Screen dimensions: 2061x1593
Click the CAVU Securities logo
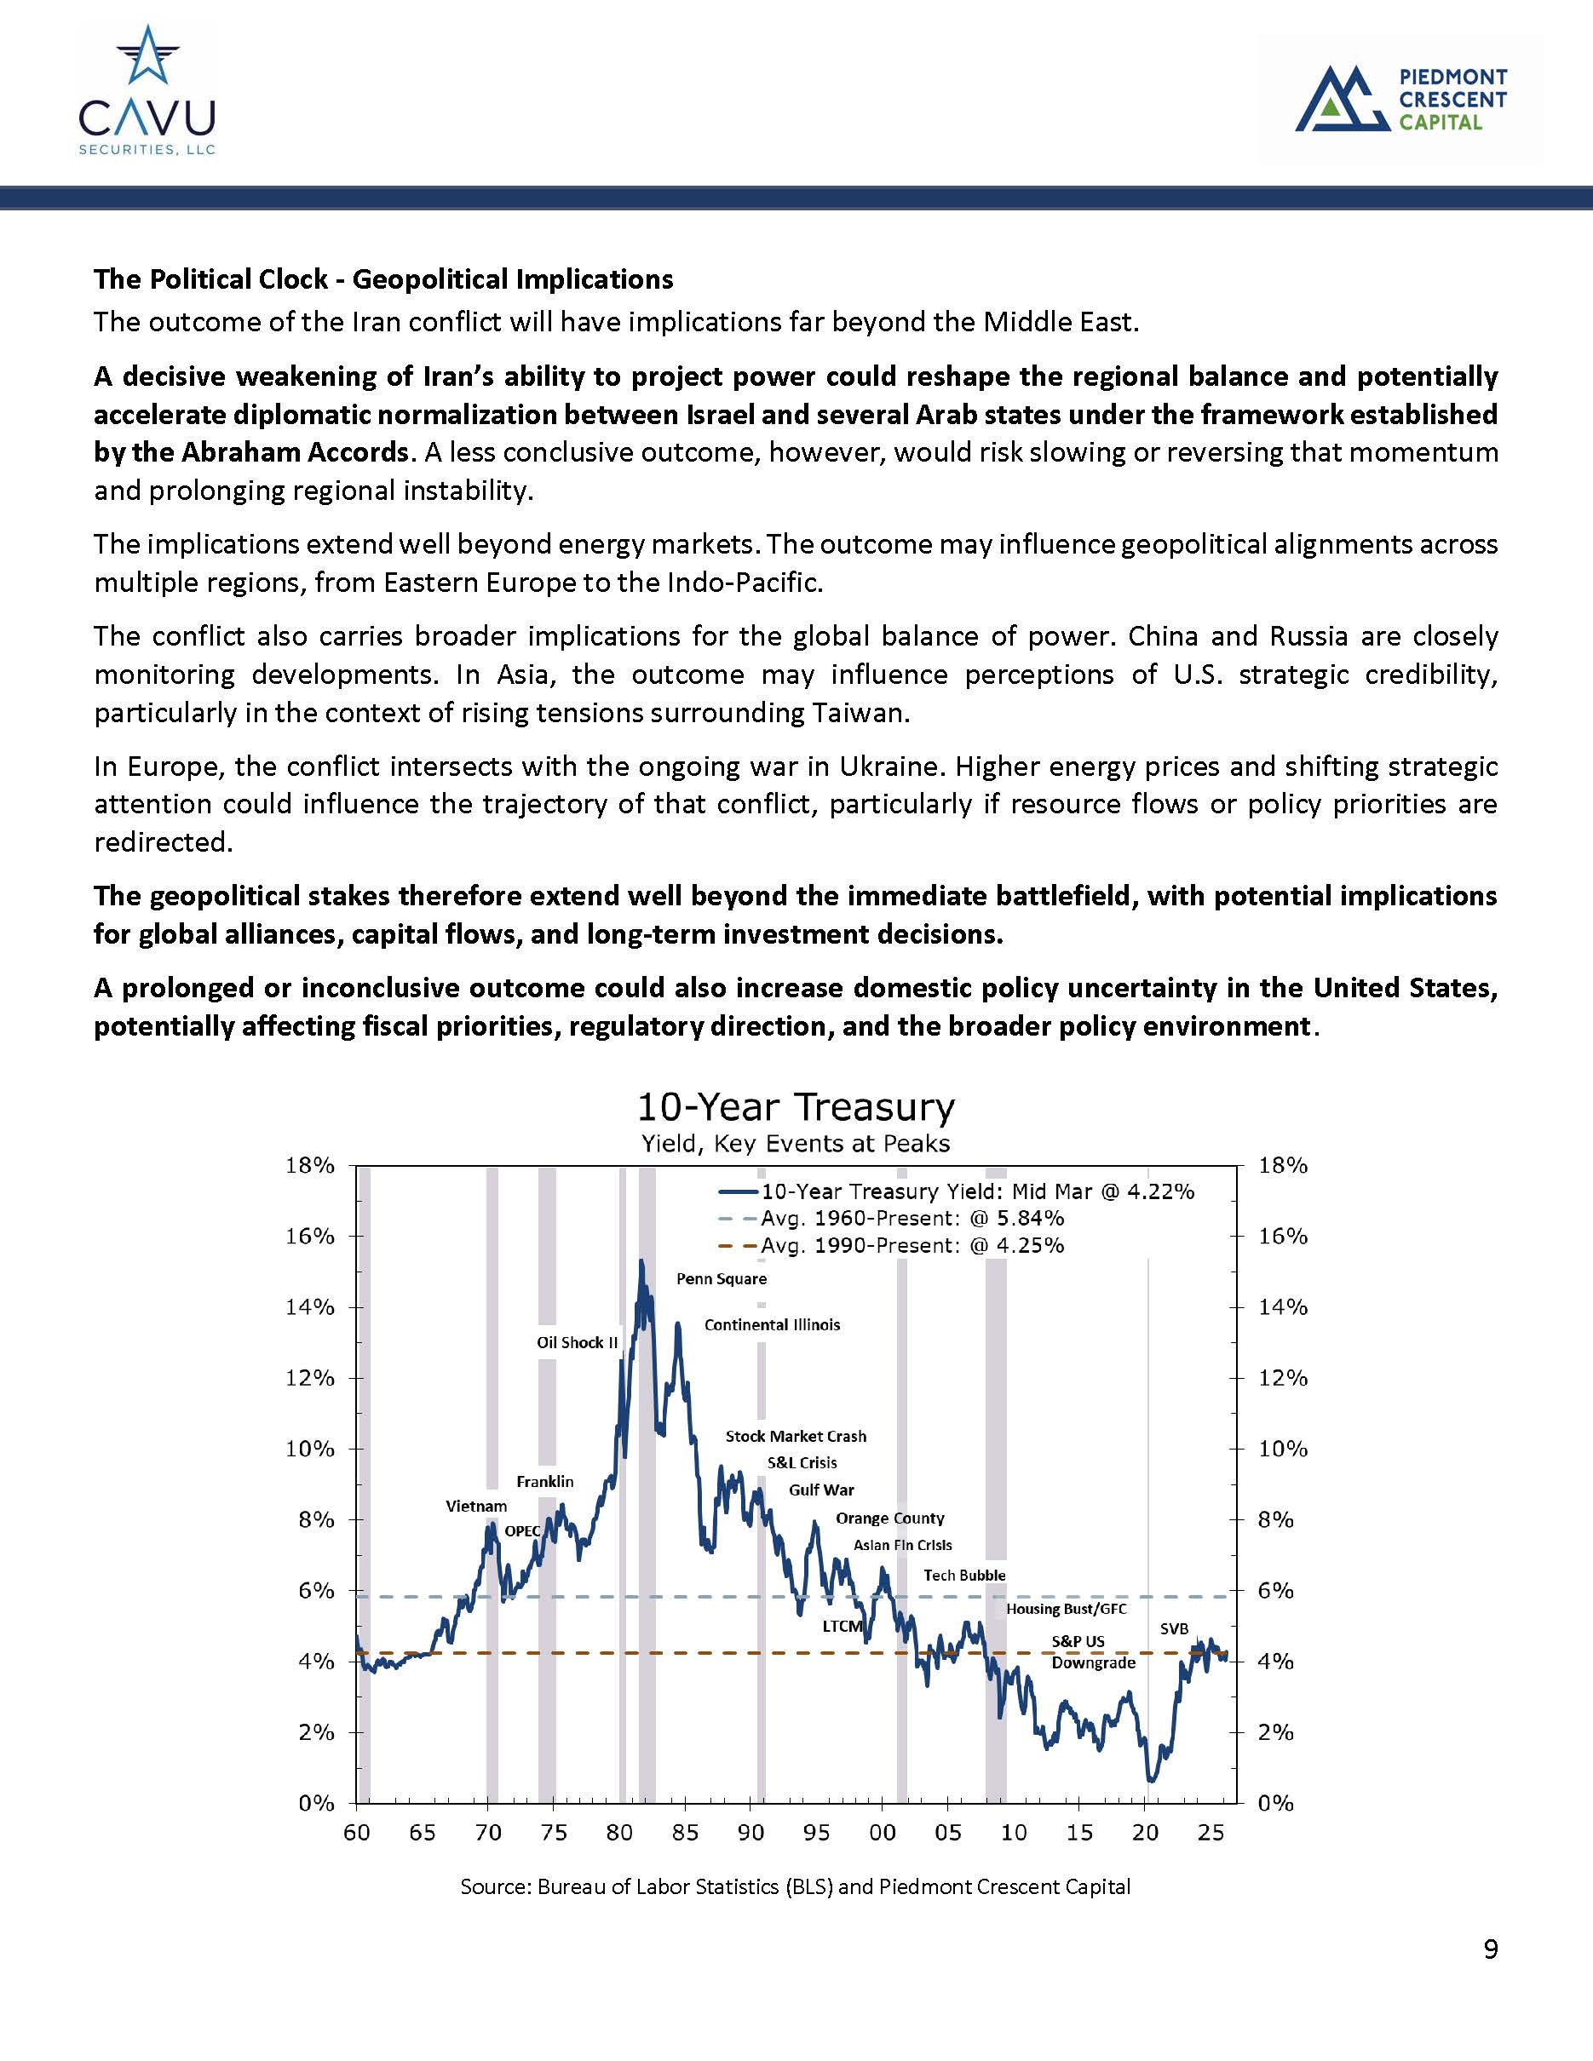pyautogui.click(x=147, y=90)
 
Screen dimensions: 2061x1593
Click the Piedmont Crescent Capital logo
pyautogui.click(x=1400, y=98)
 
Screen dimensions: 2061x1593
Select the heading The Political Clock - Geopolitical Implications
pyautogui.click(x=383, y=279)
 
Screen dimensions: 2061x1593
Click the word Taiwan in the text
pyautogui.click(x=860, y=713)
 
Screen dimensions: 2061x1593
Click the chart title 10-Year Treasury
pyautogui.click(x=796, y=1106)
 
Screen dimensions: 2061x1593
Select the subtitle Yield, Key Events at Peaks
pyautogui.click(x=796, y=1144)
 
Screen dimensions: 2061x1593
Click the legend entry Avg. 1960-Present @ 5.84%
pyautogui.click(x=912, y=1219)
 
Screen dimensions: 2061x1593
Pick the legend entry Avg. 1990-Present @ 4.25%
pyautogui.click(x=912, y=1246)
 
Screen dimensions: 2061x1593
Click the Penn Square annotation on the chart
pyautogui.click(x=721, y=1278)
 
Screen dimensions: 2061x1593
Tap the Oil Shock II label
pyautogui.click(x=577, y=1343)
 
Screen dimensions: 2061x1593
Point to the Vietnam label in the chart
pyautogui.click(x=475, y=1506)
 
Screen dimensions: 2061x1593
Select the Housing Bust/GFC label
pyautogui.click(x=1066, y=1609)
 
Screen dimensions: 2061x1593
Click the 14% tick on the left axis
pyautogui.click(x=309, y=1308)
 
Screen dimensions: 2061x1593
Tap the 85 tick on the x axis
pyautogui.click(x=685, y=1833)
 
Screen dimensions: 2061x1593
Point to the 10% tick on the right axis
pyautogui.click(x=1283, y=1450)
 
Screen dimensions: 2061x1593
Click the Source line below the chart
pyautogui.click(x=795, y=1886)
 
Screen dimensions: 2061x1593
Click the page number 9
pyautogui.click(x=1490, y=1949)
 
